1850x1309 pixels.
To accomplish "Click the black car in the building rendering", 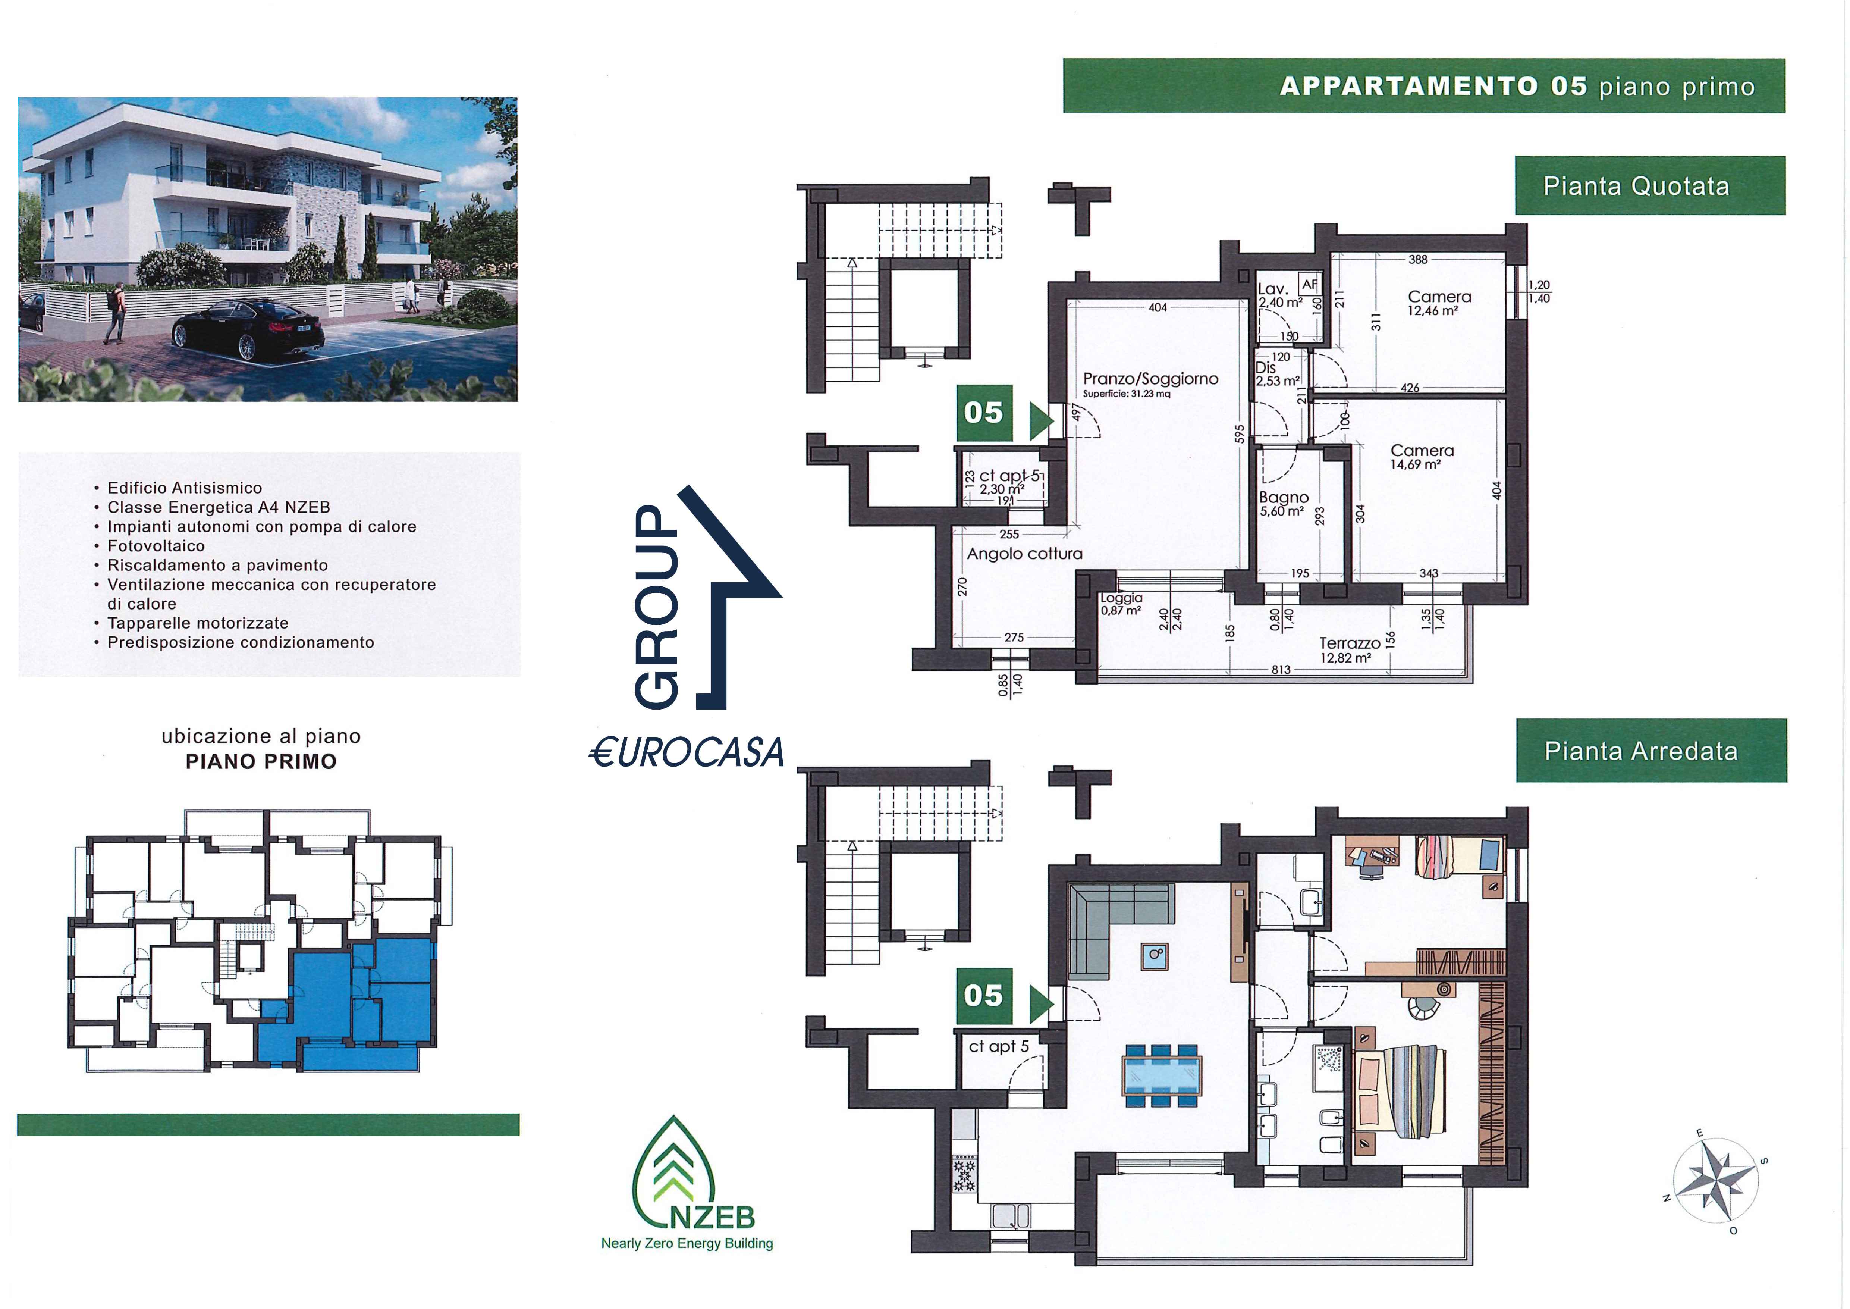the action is (x=248, y=329).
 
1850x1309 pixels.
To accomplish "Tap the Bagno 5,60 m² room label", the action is (x=1284, y=504).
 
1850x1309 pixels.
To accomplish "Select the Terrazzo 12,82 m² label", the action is (x=1350, y=650).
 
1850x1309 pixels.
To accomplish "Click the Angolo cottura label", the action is (x=1024, y=554).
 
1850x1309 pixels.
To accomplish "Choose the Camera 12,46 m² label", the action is (x=1439, y=303).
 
